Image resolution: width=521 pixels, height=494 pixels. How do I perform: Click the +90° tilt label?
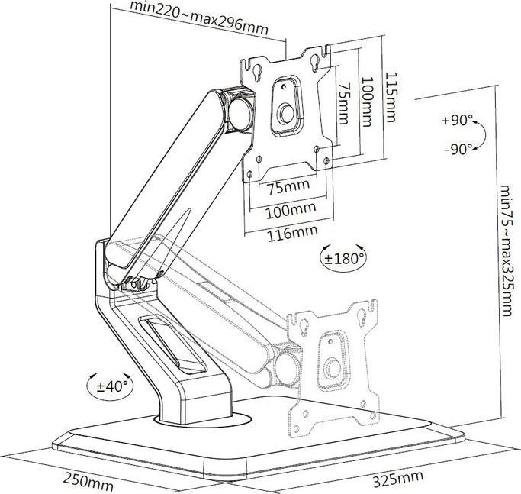(457, 121)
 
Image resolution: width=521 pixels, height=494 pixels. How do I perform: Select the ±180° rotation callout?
(343, 257)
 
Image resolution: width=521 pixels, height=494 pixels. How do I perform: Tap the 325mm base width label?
(397, 479)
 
